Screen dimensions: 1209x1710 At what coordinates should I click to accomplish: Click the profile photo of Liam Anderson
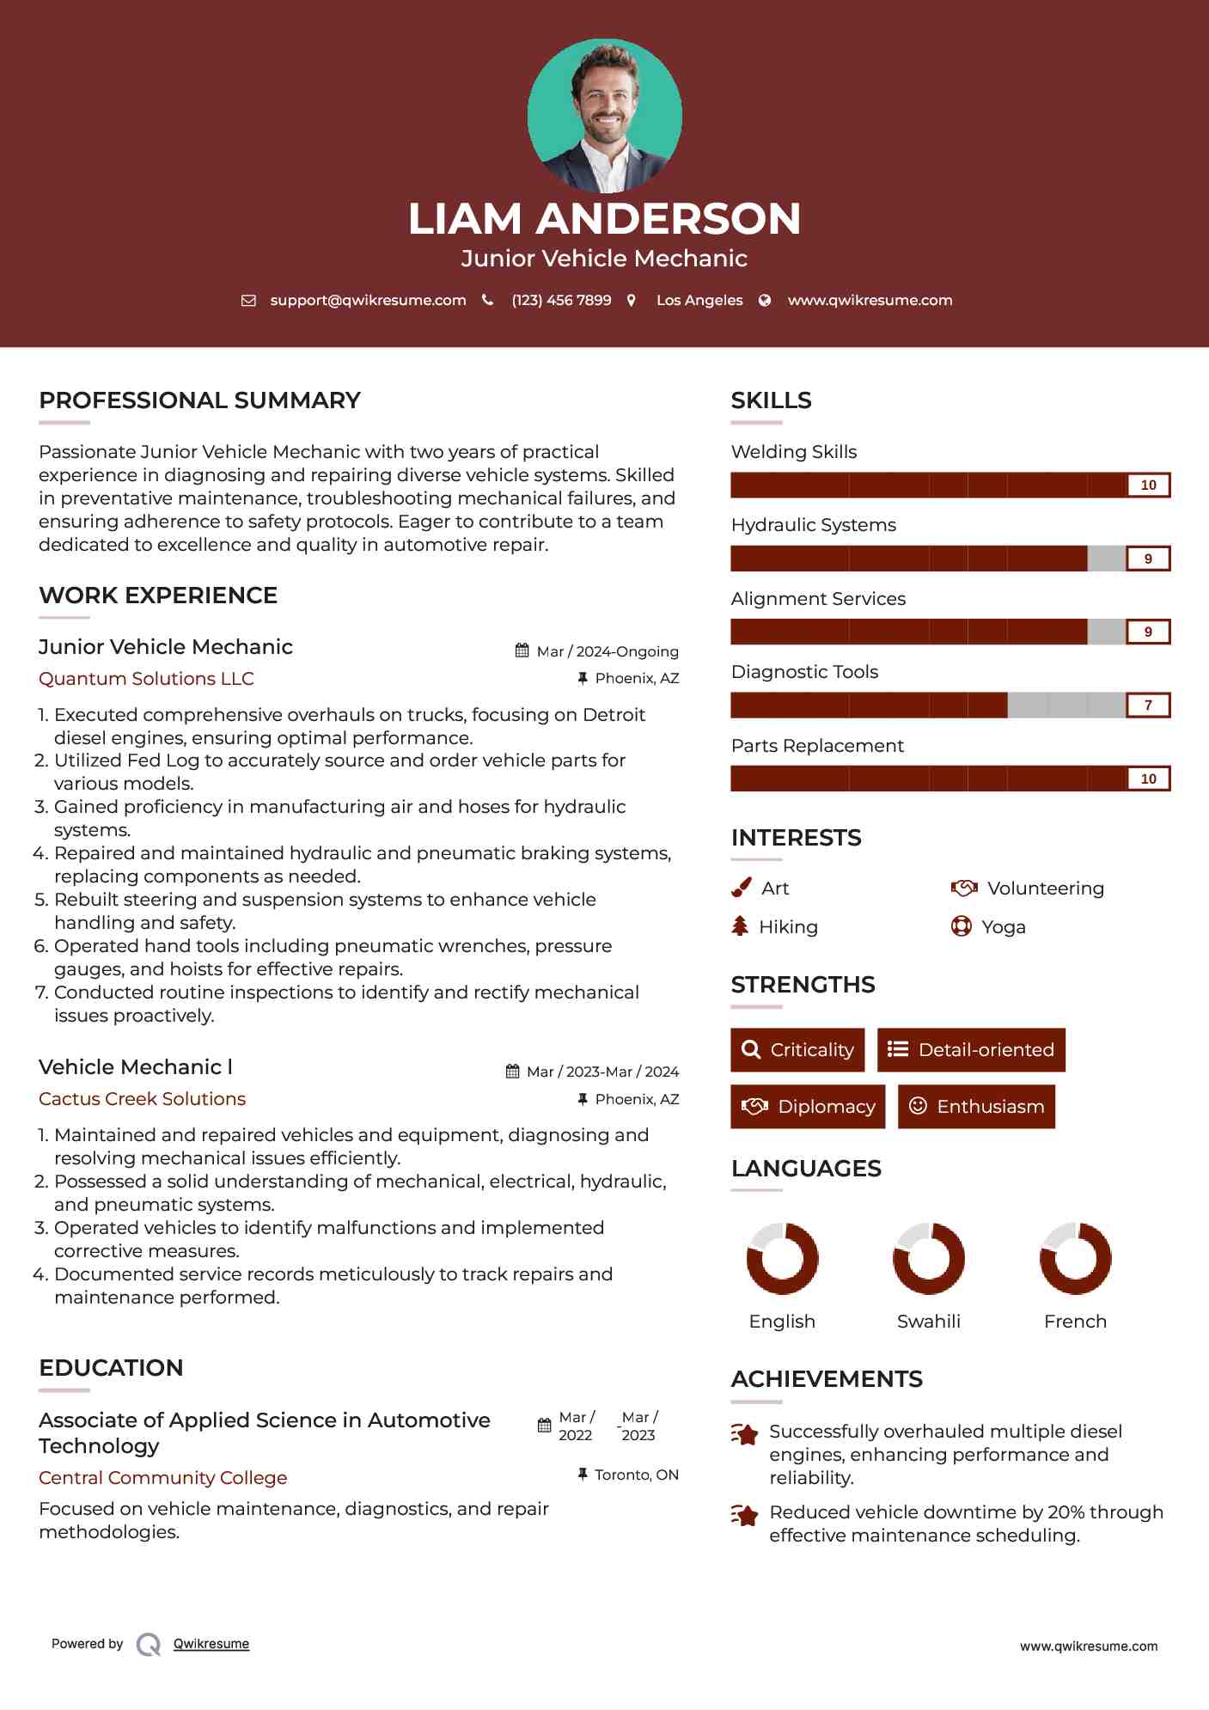click(604, 115)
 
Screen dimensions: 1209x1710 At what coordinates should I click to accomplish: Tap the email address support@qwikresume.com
click(368, 300)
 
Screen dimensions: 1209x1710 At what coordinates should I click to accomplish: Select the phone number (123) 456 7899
click(561, 300)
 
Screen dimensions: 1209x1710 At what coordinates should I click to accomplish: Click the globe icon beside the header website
click(765, 300)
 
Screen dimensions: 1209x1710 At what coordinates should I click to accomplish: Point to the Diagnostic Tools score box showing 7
click(1148, 705)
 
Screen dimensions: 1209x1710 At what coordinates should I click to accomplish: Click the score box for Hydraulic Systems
click(1148, 559)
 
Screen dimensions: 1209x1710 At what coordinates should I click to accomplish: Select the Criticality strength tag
click(797, 1050)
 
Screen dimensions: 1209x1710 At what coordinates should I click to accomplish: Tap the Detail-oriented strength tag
click(971, 1050)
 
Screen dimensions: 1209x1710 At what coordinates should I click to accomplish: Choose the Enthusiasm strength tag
click(976, 1107)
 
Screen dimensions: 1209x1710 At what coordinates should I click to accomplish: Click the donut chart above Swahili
click(929, 1259)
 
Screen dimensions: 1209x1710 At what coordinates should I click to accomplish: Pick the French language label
click(1075, 1322)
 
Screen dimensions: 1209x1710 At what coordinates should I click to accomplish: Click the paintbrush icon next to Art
click(741, 888)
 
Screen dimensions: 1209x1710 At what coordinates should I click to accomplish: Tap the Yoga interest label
click(1004, 927)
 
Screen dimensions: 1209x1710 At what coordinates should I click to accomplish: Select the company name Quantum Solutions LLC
click(146, 679)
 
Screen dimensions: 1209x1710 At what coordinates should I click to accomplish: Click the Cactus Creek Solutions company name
click(142, 1099)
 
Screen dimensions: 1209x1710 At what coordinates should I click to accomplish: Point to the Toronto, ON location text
click(637, 1475)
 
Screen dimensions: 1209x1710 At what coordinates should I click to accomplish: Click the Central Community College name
click(163, 1478)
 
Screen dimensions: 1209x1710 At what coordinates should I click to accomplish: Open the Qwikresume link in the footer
click(211, 1644)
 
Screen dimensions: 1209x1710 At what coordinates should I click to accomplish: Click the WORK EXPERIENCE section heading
click(158, 595)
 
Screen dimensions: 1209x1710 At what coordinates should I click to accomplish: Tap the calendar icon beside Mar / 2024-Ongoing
click(522, 650)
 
